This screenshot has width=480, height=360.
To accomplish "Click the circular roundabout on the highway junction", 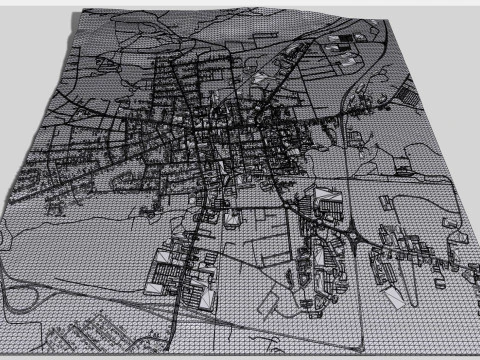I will point(357,236).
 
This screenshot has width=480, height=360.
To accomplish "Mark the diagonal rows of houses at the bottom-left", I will point(100,330).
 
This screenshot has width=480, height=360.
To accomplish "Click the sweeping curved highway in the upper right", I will point(350,100).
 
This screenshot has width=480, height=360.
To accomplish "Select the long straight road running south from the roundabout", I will point(345,300).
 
